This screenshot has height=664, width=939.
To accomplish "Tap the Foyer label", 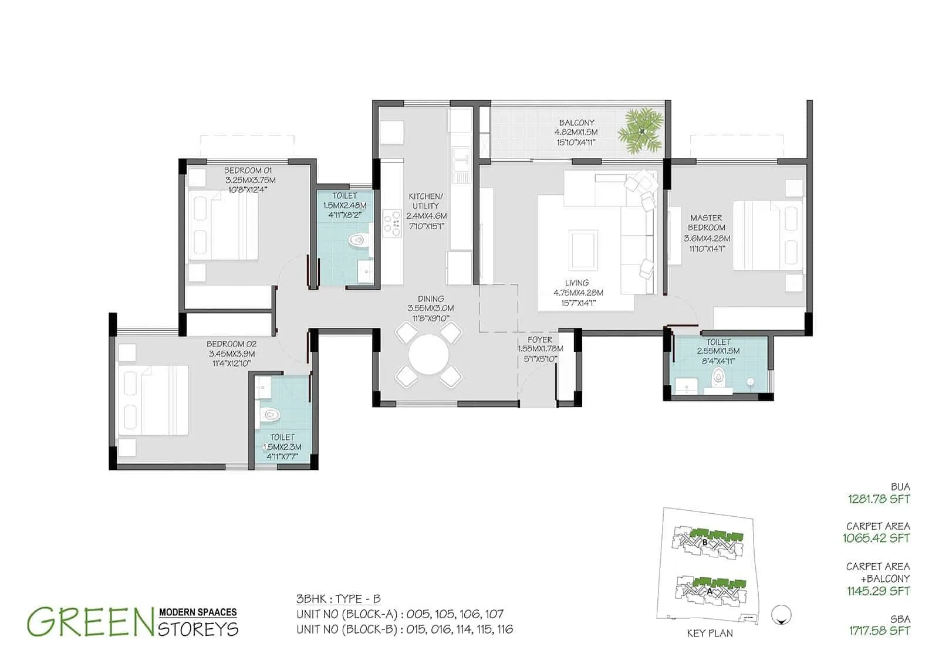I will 540,340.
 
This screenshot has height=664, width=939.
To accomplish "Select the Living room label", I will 577,283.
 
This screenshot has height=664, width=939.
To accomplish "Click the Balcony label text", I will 576,123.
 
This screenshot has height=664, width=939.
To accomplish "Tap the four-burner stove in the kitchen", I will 391,223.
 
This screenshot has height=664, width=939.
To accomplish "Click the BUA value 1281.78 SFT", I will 879,500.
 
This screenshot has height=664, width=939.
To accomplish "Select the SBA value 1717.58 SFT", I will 879,631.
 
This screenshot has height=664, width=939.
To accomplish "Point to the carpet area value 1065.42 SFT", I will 876,538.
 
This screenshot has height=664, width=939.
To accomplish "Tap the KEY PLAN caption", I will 710,633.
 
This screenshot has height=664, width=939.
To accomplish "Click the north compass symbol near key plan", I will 783,614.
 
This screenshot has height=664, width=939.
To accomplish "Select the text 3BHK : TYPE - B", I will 339,599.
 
